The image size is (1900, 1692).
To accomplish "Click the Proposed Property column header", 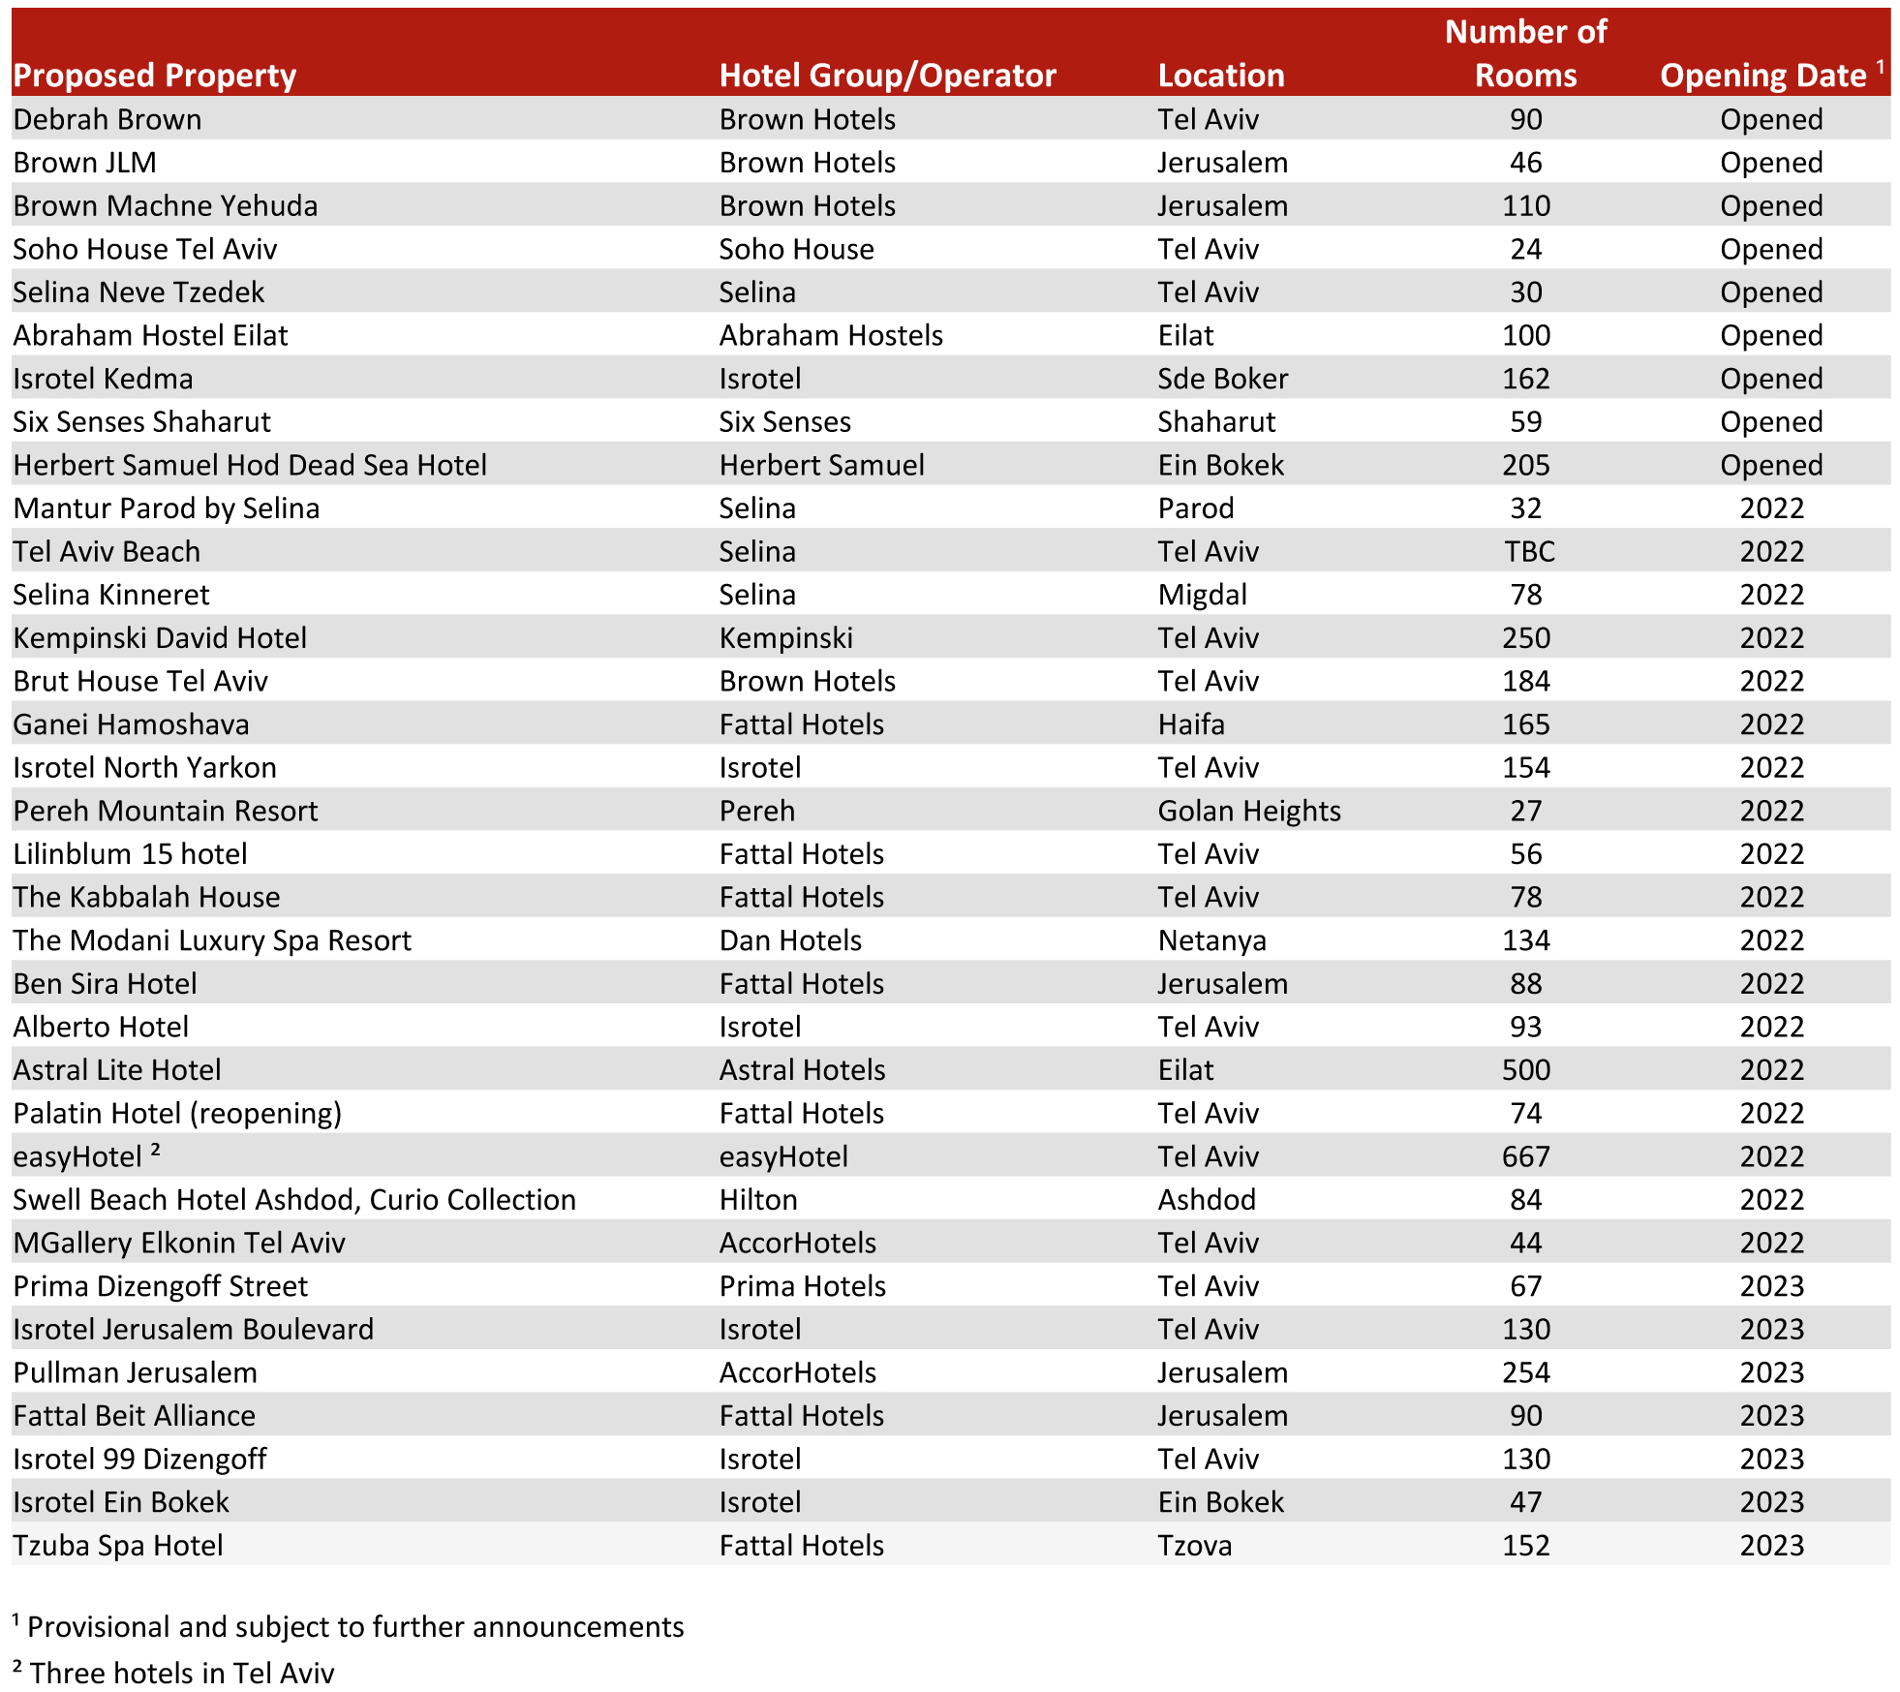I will tap(155, 76).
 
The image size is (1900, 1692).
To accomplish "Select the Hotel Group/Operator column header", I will tap(887, 76).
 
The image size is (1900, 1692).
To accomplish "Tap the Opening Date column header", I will tap(1764, 76).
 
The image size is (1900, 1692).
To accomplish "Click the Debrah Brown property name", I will tap(107, 120).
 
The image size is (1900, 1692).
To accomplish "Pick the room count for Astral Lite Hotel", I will tap(1525, 1070).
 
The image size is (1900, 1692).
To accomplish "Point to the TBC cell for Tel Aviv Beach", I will tap(1528, 552).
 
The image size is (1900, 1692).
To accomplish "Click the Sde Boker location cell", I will tap(1222, 379).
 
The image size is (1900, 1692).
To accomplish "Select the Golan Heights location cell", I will tap(1248, 811).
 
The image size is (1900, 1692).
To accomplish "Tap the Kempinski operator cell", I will tap(785, 638).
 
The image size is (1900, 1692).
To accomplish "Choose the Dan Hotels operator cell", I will tap(790, 940).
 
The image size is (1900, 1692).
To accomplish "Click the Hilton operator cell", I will tap(758, 1200).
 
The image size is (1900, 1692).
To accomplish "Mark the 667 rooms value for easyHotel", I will tap(1525, 1156).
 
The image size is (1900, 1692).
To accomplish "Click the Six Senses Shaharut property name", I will tap(141, 422).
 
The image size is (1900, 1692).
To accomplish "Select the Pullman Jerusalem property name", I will tap(136, 1373).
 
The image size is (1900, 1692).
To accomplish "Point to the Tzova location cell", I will tap(1194, 1546).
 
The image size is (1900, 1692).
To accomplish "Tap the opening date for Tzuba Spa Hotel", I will tap(1771, 1546).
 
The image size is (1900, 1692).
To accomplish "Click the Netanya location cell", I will tap(1211, 940).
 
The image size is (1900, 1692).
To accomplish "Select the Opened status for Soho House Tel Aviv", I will tap(1771, 250).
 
